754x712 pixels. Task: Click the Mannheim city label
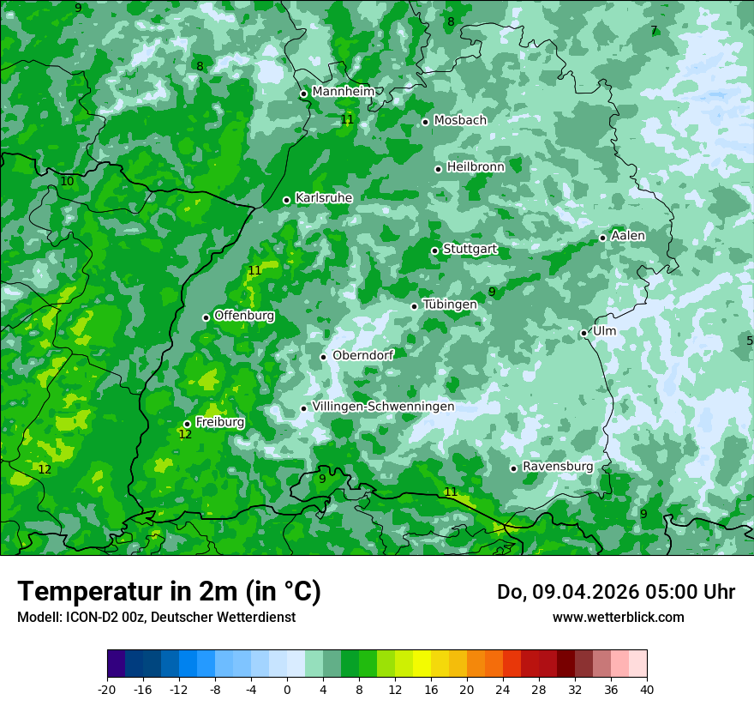click(343, 92)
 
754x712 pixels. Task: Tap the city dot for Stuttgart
click(434, 250)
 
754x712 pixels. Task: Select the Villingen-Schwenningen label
click(383, 407)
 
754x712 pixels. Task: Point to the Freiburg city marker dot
click(187, 424)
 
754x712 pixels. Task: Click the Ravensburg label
click(557, 467)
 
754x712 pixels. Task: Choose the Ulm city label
click(604, 331)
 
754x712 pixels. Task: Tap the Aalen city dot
click(602, 238)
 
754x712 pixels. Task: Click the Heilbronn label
click(476, 167)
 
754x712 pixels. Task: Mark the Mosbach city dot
click(425, 122)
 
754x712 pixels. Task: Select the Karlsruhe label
click(324, 198)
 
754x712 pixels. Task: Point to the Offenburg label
click(244, 316)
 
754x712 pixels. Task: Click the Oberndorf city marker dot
click(323, 357)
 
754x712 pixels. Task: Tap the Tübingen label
click(450, 305)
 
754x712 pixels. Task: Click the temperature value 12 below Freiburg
click(185, 435)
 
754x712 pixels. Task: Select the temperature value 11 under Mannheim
click(347, 119)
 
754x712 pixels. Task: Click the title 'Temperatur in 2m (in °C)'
click(169, 592)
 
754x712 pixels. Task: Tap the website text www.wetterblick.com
click(618, 618)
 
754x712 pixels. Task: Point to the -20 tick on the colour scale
click(107, 690)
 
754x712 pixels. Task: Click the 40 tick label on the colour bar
click(646, 690)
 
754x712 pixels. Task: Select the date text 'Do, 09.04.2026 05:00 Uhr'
click(615, 592)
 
